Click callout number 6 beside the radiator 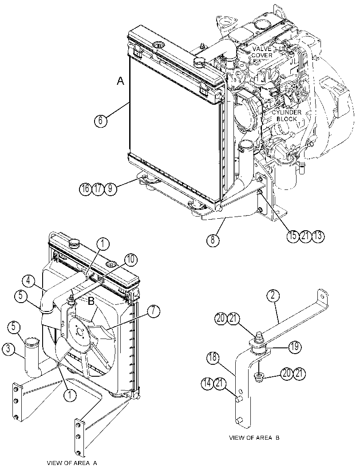click(x=101, y=121)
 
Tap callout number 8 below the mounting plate click(x=213, y=240)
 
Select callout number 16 click(x=86, y=189)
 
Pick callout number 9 click(x=111, y=189)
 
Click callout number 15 click(x=293, y=236)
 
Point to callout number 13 click(x=318, y=236)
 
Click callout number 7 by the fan click(x=153, y=311)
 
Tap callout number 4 click(x=28, y=281)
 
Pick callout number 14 click(x=207, y=383)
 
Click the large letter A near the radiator click(x=120, y=81)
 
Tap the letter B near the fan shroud click(x=91, y=302)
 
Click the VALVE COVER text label click(x=262, y=52)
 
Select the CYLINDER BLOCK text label click(x=286, y=115)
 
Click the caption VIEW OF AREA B click(x=254, y=437)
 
